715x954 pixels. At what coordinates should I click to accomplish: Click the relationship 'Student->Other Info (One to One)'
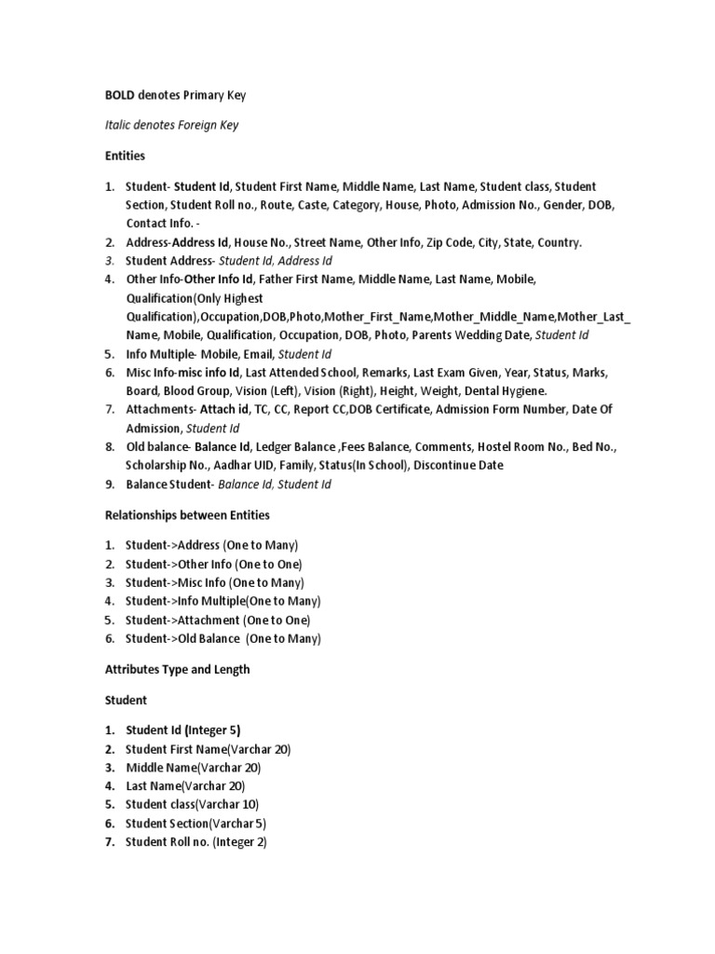coord(214,564)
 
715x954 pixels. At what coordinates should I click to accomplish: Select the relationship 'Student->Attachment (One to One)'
coord(218,620)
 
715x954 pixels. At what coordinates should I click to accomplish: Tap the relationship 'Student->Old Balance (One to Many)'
coord(223,638)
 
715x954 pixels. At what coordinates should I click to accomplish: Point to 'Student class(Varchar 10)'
coord(193,804)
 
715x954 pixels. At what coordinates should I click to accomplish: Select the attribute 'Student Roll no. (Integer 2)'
coord(196,841)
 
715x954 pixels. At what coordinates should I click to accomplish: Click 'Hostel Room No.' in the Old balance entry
coord(519,447)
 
